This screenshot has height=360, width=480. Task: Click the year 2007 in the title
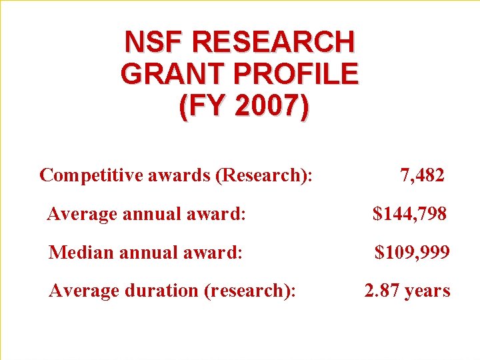pyautogui.click(x=267, y=106)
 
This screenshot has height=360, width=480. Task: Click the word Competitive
pyautogui.click(x=85, y=175)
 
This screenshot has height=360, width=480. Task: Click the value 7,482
pyautogui.click(x=422, y=175)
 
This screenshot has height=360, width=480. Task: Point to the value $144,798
pyautogui.click(x=410, y=214)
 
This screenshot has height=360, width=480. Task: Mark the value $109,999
pyautogui.click(x=411, y=253)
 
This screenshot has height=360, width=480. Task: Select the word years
pyautogui.click(x=429, y=291)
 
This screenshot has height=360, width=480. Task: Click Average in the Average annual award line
pyautogui.click(x=82, y=214)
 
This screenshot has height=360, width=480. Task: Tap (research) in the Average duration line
pyautogui.click(x=250, y=291)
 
